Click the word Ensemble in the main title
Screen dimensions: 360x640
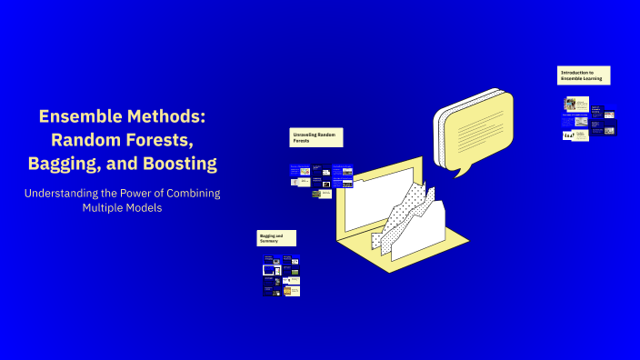[76, 117]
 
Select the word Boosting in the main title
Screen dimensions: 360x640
[175, 164]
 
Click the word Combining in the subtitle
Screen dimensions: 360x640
[189, 194]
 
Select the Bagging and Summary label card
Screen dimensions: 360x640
[276, 238]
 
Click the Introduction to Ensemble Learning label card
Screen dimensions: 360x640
[584, 75]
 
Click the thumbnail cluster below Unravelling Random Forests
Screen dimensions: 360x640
[322, 180]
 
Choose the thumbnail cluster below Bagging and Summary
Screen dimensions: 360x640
[282, 276]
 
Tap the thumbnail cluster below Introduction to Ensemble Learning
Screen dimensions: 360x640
[589, 119]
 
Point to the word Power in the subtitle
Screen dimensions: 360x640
[137, 194]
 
